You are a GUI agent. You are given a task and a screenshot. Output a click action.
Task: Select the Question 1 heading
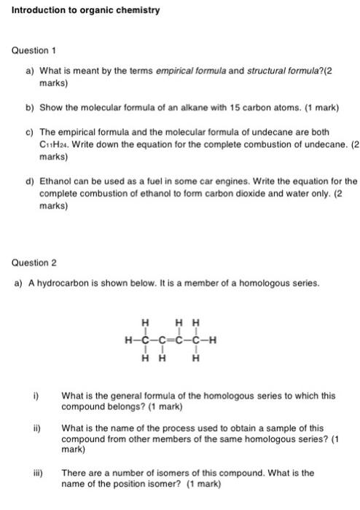(34, 50)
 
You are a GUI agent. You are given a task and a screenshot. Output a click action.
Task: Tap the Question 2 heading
(34, 262)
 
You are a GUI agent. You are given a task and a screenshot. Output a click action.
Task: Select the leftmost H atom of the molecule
(128, 338)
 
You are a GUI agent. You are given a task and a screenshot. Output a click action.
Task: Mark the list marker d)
(29, 181)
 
